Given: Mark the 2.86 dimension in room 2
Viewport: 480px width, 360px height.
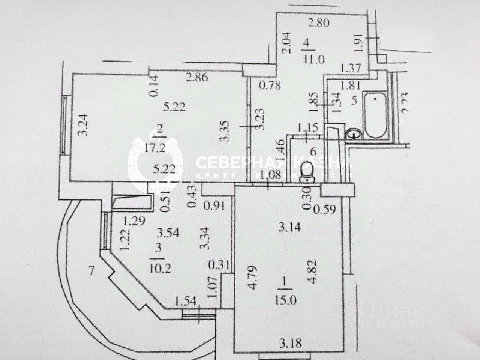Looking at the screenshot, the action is (x=198, y=78).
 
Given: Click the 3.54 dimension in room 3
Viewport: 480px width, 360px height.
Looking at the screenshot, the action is (x=169, y=232).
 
